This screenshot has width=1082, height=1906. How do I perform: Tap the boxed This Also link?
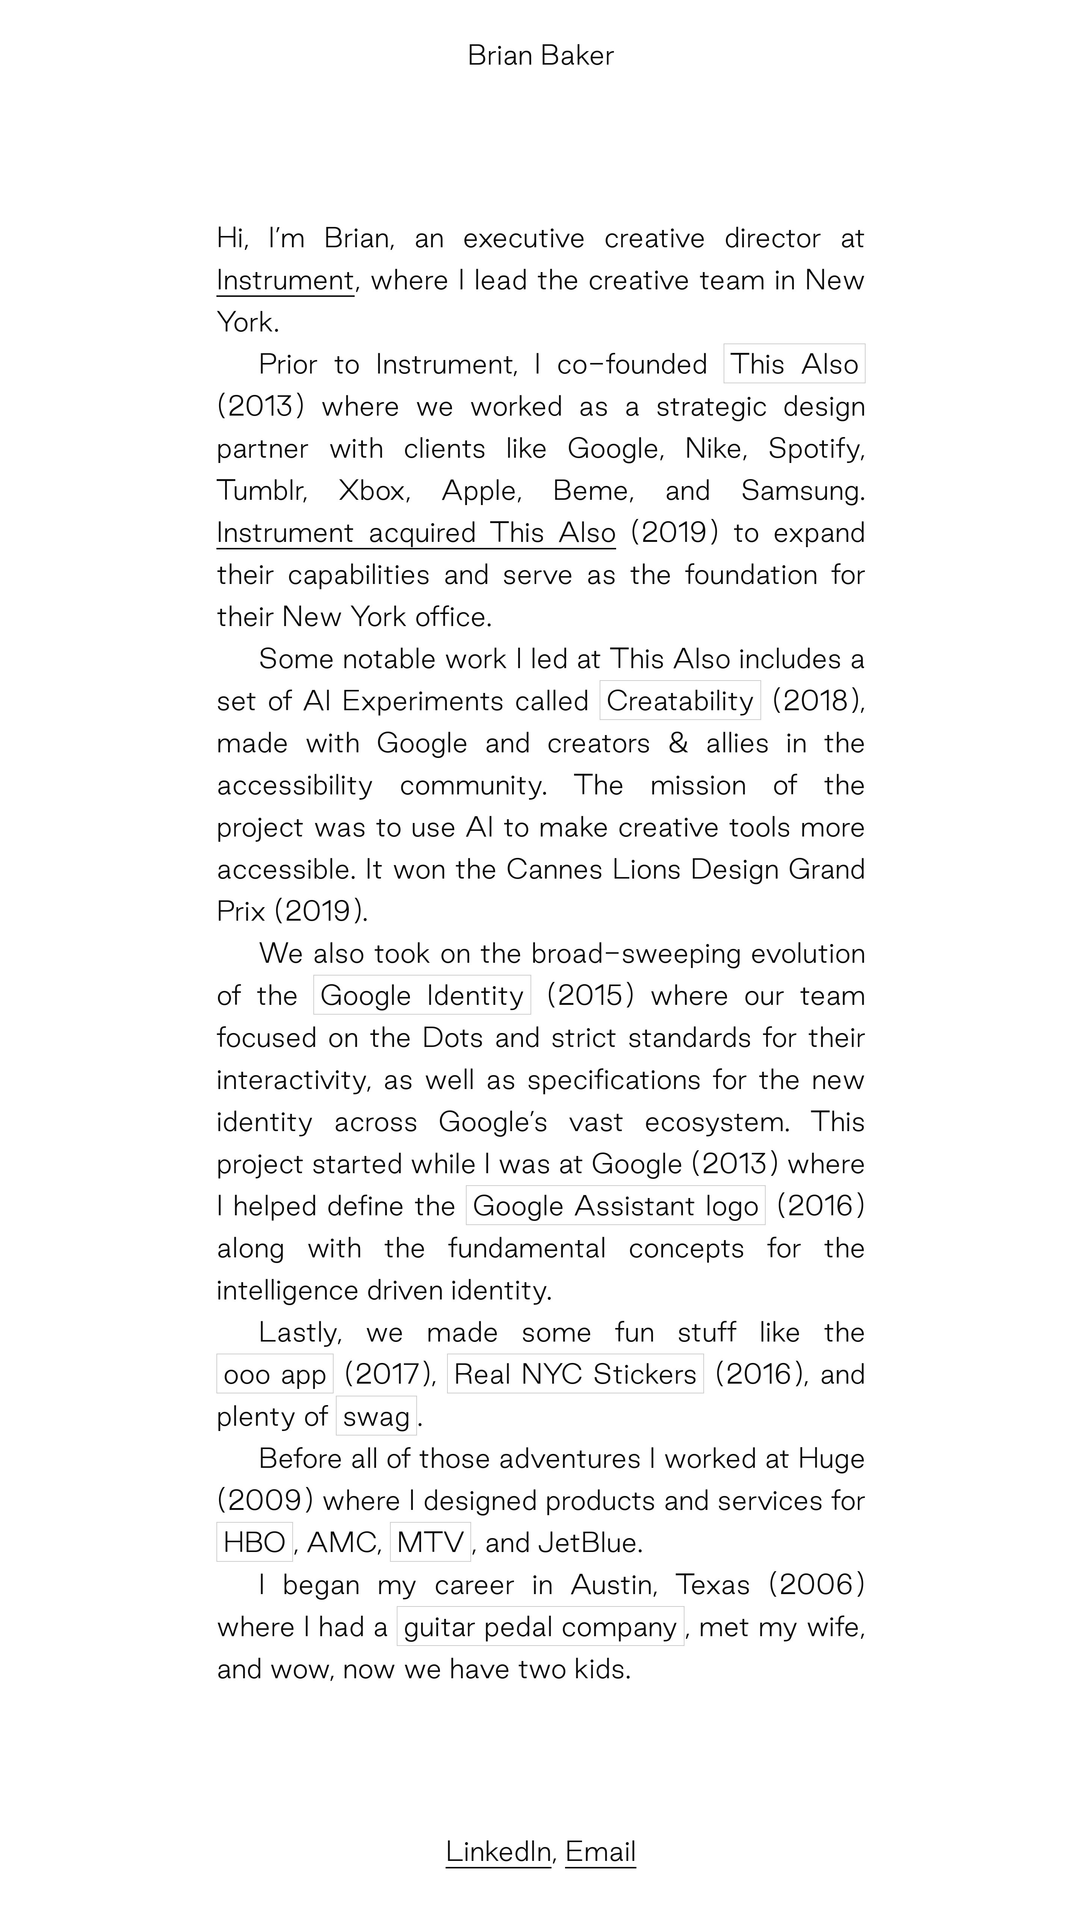click(x=794, y=364)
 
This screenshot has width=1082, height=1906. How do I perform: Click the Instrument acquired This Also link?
click(x=416, y=533)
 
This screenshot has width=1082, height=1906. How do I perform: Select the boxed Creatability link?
click(x=679, y=701)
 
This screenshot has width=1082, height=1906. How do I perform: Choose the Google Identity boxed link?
click(x=422, y=995)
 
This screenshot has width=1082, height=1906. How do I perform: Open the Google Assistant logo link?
click(x=615, y=1205)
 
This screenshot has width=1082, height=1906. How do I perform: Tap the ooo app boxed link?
click(x=274, y=1374)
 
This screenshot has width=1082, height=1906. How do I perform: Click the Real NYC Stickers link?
click(x=574, y=1374)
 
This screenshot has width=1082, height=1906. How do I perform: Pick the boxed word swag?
click(x=376, y=1416)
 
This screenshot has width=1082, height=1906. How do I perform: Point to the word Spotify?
click(x=815, y=449)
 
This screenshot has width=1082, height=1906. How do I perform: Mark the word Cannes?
click(x=554, y=870)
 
